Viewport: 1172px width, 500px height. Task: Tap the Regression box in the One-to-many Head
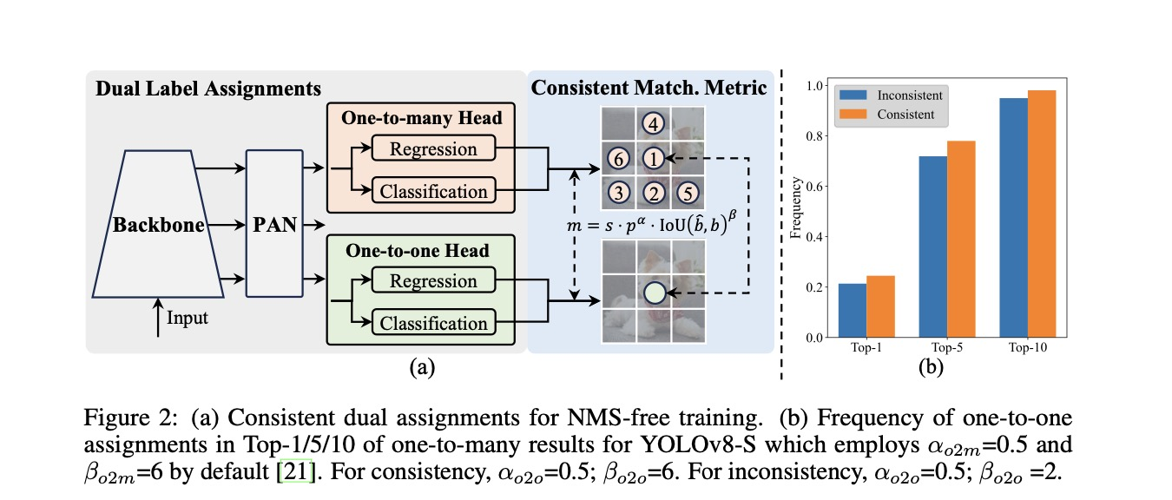tap(432, 148)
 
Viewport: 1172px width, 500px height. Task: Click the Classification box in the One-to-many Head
tap(432, 190)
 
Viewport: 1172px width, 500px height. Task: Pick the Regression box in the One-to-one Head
tap(432, 281)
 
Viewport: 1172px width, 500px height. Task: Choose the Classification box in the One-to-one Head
tap(432, 323)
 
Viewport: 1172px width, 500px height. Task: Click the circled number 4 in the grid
tap(654, 124)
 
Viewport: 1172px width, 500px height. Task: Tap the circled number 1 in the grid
tap(654, 159)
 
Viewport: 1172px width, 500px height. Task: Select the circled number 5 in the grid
tap(687, 192)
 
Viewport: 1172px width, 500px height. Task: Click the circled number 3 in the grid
tap(618, 192)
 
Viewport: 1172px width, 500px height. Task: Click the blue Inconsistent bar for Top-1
tap(853, 310)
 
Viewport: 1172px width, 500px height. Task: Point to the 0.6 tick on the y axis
tap(813, 186)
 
